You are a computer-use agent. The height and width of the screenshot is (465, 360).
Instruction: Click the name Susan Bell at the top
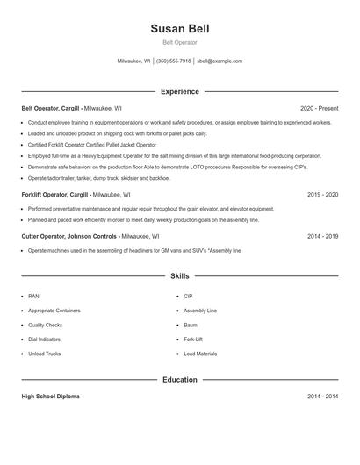point(179,28)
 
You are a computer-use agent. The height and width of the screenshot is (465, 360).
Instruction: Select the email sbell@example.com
point(220,61)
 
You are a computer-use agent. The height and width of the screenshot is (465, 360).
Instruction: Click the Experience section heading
point(179,91)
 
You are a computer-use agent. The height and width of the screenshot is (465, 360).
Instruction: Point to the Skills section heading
point(179,275)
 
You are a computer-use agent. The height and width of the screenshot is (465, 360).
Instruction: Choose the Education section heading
point(179,380)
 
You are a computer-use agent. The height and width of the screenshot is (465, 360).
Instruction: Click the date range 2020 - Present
point(319,109)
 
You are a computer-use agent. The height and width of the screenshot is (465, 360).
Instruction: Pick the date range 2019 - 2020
point(322,194)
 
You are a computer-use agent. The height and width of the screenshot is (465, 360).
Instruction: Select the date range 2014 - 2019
point(322,236)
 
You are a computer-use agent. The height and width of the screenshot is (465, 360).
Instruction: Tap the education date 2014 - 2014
point(322,397)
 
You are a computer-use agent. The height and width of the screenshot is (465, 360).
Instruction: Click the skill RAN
point(33,297)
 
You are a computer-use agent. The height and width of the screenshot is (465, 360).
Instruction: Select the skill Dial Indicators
point(45,340)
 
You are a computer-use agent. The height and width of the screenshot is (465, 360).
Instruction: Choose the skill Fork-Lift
point(193,340)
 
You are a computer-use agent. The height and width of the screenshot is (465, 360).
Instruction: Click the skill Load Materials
point(200,354)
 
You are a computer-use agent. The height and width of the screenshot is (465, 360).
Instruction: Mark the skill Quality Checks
point(47,325)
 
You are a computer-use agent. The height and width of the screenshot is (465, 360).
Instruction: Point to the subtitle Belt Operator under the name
point(179,42)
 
